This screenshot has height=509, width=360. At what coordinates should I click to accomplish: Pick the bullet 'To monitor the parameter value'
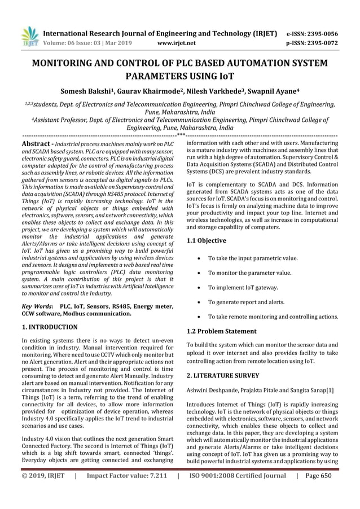tap(249, 272)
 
